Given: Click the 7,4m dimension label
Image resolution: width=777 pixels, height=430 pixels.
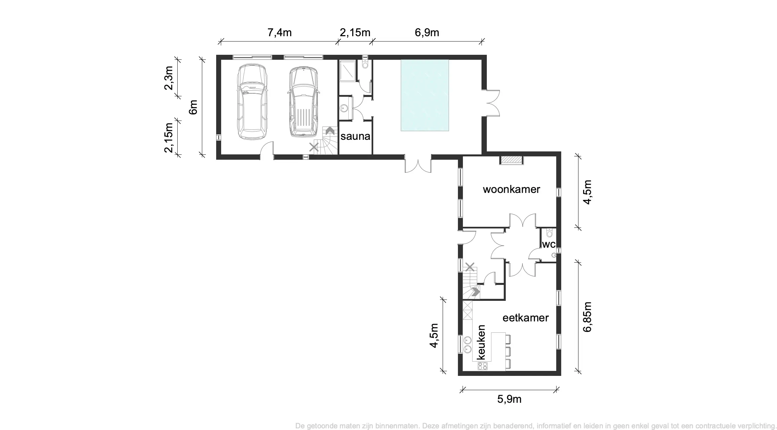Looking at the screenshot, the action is coord(279,33).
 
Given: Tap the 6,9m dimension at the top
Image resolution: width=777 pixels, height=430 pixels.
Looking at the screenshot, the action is coord(427,33).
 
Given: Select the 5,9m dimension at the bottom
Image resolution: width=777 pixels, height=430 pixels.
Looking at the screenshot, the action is coord(509,399).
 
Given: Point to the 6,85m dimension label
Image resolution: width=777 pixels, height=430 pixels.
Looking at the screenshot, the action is coord(587,317).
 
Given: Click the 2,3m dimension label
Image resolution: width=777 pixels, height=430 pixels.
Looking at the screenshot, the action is coord(169,78).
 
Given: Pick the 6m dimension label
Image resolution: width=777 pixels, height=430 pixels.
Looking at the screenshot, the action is coord(193,107).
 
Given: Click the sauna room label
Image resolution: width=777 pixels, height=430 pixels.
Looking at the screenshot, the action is coord(355,136).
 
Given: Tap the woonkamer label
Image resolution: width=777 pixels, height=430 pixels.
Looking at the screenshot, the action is coord(511,189).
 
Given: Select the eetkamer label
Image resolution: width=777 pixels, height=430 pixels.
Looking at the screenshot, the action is coord(525,318).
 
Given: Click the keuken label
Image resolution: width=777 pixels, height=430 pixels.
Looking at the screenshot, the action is coord(481,342).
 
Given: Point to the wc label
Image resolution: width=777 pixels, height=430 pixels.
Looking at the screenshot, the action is coord(549,244).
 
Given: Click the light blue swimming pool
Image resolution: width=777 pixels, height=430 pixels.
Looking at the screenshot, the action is coord(425,95).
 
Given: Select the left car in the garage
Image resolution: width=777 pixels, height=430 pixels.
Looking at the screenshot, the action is coord(252,102).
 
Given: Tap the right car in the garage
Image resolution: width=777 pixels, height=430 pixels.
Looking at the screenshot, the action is coord(303,102).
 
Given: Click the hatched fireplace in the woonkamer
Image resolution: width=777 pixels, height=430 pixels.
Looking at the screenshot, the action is coord(511,160).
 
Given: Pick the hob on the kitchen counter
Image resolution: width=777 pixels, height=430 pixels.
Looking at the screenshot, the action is coord(482,366).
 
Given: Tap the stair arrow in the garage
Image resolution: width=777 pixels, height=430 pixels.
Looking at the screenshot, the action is coord(330,131).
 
